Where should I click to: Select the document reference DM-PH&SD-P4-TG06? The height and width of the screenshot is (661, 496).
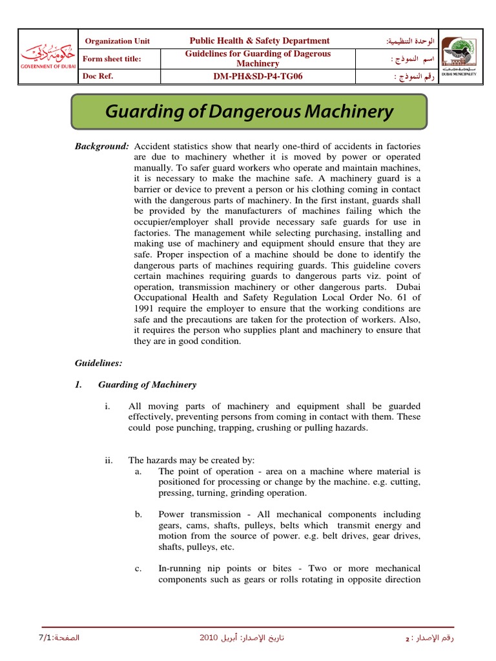(258, 77)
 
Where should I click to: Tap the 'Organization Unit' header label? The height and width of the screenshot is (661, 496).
(118, 41)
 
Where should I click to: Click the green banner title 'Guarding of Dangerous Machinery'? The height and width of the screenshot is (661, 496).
(249, 112)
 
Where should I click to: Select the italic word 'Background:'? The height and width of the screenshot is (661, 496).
(102, 146)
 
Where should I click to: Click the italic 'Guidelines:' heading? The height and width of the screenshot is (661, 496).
(98, 363)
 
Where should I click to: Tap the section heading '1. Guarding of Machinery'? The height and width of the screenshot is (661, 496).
(136, 385)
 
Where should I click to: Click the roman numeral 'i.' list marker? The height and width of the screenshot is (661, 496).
(107, 406)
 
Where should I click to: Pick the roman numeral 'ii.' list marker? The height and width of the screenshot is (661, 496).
(108, 460)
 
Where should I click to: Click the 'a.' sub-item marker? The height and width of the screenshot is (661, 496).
(138, 471)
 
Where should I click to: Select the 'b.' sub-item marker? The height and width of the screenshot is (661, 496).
(138, 514)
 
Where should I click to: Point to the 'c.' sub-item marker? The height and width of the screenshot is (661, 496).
(138, 569)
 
